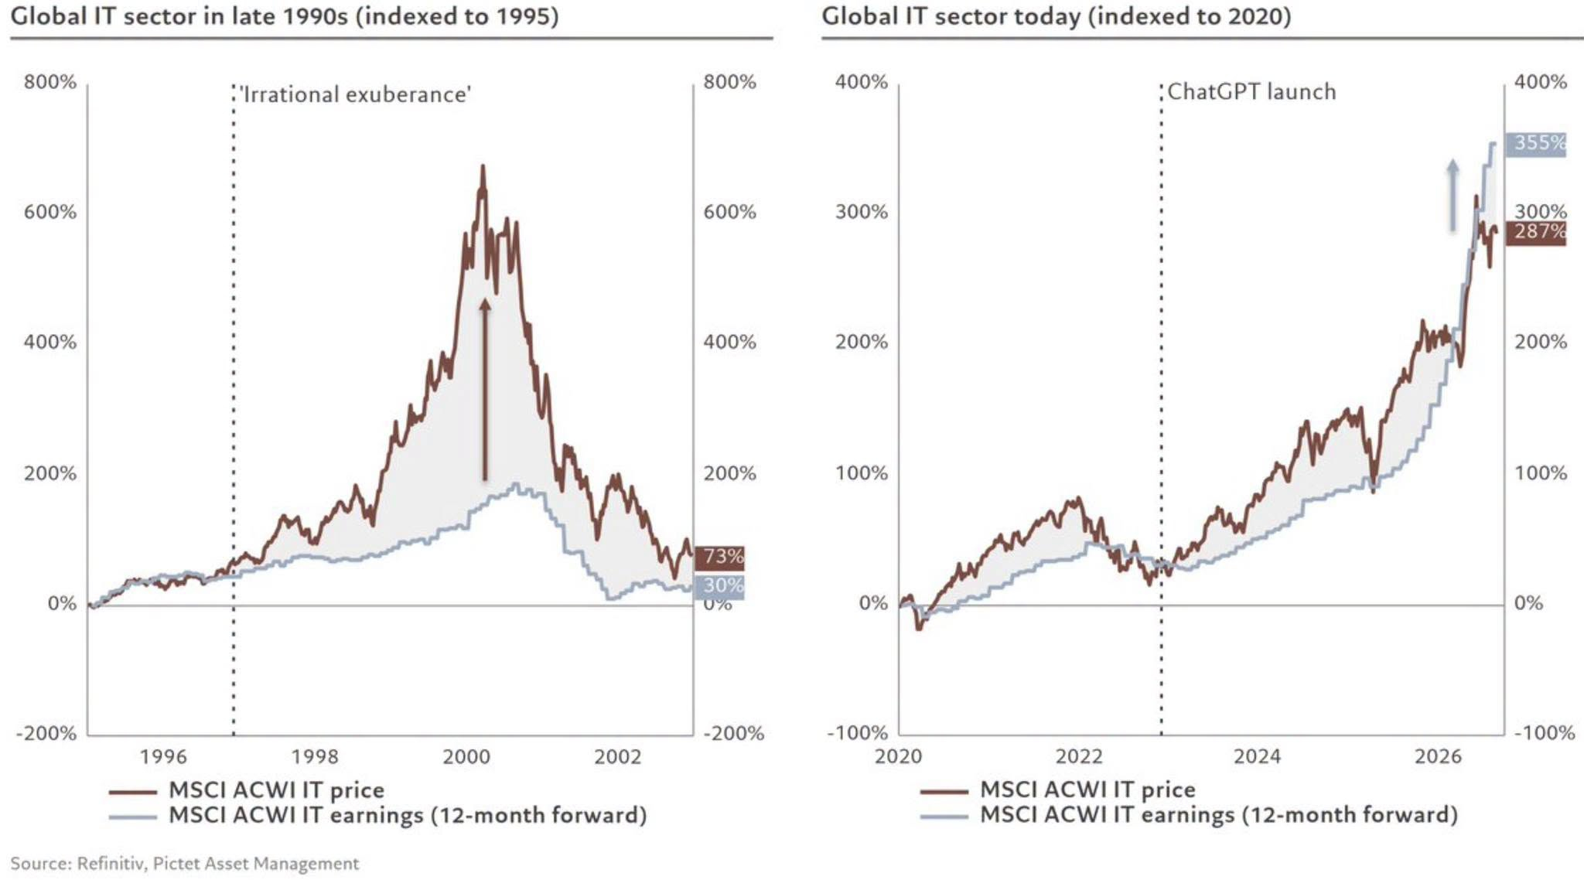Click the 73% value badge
pos(719,558)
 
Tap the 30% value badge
pos(719,587)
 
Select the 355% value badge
pos(1535,144)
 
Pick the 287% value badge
pos(1535,232)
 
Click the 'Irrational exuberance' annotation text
pos(355,95)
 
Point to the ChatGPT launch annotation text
pos(1251,92)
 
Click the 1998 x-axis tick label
pos(315,756)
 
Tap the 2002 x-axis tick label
pos(617,756)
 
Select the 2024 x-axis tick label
pos(1257,756)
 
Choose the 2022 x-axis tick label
pos(1079,756)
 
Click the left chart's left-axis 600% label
pos(50,213)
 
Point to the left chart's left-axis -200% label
pos(46,734)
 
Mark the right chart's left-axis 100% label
pos(861,473)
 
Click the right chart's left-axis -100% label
pos(857,734)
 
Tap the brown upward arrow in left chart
pos(485,390)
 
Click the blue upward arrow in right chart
pos(1453,196)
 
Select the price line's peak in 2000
pos(483,165)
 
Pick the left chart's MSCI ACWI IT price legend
pos(247,790)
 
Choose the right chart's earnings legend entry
pos(1189,815)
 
